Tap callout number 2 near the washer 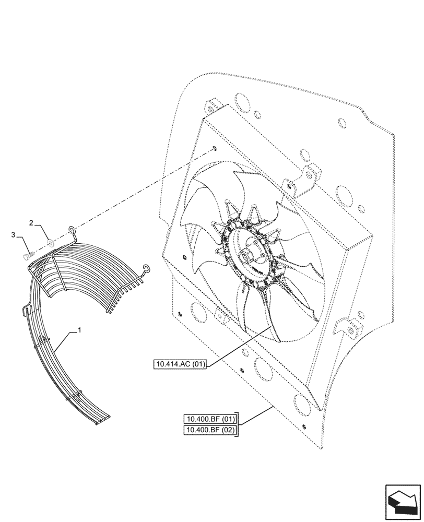pyautogui.click(x=32, y=223)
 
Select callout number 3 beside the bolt pyautogui.click(x=14, y=236)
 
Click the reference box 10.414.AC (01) pyautogui.click(x=180, y=364)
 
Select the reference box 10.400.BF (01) pyautogui.click(x=210, y=419)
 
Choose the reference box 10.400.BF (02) pyautogui.click(x=210, y=430)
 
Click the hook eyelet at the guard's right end pyautogui.click(x=148, y=268)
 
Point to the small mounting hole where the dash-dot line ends pyautogui.click(x=215, y=149)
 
